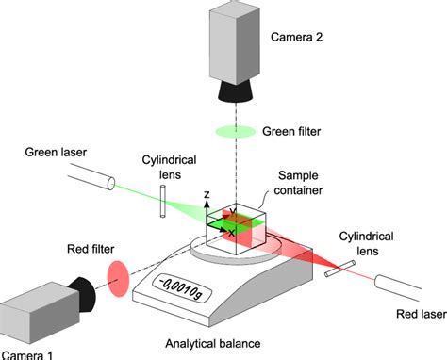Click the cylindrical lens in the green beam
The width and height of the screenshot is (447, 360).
tap(164, 201)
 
